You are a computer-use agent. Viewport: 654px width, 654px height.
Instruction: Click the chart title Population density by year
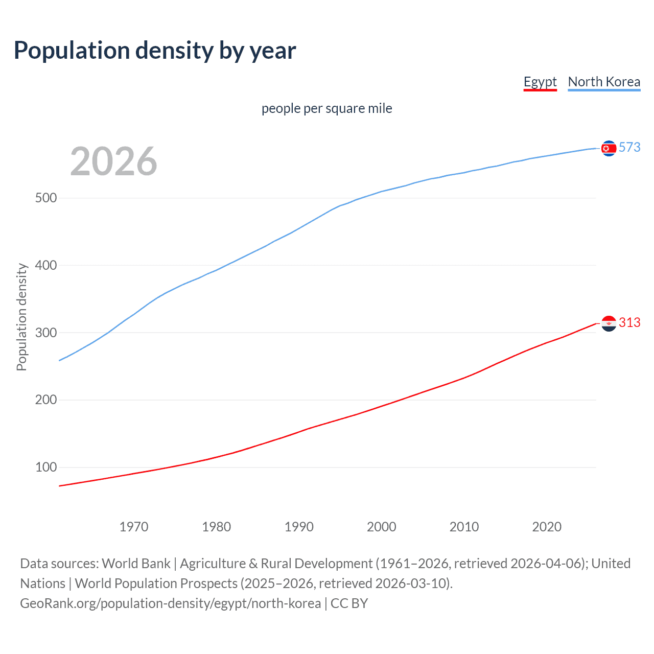click(155, 51)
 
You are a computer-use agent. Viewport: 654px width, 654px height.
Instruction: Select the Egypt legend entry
click(540, 82)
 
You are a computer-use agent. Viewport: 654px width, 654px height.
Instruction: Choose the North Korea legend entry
click(604, 82)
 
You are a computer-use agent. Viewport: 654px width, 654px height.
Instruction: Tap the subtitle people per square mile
click(327, 108)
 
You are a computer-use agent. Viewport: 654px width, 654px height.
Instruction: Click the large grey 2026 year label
click(113, 161)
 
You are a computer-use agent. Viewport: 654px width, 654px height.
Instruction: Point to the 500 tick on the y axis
click(46, 198)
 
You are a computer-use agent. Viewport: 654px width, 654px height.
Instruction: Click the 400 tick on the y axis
click(46, 265)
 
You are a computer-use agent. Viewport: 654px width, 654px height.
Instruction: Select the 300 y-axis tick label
click(46, 333)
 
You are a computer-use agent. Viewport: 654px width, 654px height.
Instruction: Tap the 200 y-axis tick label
click(46, 400)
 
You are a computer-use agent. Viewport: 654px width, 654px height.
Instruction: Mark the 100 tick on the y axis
click(46, 468)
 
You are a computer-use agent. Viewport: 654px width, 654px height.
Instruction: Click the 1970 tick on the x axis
click(134, 527)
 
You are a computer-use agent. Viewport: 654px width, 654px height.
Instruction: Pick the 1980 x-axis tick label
click(217, 527)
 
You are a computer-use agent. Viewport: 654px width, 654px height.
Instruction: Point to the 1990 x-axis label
click(299, 527)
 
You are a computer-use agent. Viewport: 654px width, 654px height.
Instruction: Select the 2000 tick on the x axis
click(382, 527)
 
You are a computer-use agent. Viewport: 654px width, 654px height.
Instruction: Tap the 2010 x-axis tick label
click(464, 527)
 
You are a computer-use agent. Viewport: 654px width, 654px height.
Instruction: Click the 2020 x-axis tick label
click(547, 527)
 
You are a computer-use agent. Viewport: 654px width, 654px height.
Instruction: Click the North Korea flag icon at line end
click(609, 148)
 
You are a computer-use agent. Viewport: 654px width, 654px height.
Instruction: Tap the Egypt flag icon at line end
click(609, 323)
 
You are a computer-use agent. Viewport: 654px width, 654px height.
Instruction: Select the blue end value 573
click(629, 148)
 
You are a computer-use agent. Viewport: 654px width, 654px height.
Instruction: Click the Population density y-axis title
click(21, 317)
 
